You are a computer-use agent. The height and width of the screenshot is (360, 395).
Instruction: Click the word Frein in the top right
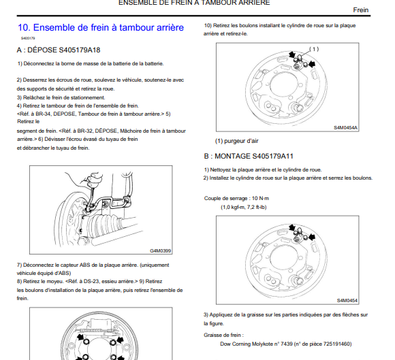361,10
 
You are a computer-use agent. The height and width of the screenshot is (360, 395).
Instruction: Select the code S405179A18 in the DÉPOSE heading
80,50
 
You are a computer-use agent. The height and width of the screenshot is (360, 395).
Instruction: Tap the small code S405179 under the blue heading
28,38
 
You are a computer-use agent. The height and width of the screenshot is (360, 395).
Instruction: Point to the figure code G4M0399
161,250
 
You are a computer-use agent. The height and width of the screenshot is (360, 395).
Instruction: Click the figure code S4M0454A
345,128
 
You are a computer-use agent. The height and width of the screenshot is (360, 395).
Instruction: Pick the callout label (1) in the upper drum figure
314,49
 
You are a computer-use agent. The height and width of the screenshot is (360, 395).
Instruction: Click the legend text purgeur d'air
241,141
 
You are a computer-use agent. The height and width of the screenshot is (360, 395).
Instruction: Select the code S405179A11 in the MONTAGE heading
272,157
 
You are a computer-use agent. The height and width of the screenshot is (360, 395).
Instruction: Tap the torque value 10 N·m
260,199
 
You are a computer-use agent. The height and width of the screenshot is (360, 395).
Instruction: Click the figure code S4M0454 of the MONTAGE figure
347,301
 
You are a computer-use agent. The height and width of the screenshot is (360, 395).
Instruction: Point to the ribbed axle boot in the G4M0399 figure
105,224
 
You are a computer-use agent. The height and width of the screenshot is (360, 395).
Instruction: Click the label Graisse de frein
222,335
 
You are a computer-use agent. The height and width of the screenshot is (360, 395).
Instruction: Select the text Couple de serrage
225,199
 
